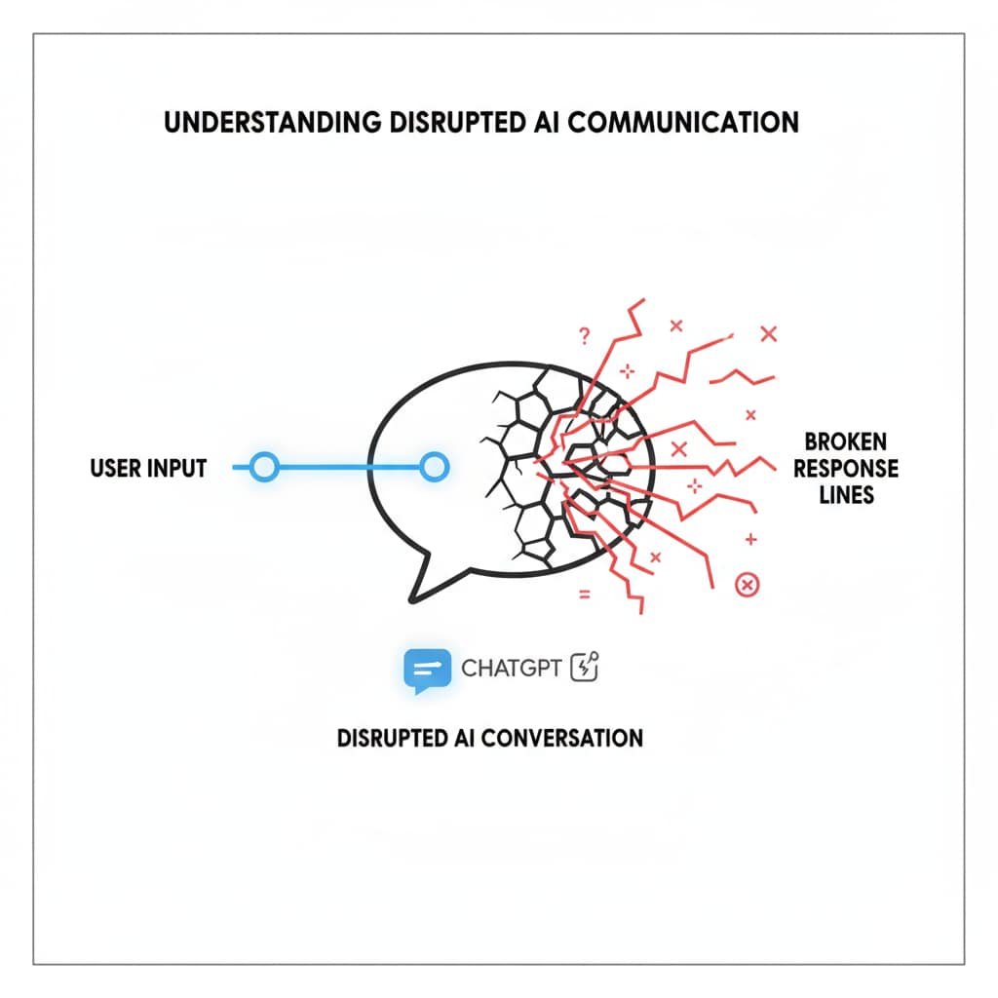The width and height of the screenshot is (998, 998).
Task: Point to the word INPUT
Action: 178,469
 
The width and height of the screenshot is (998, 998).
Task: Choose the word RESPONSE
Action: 846,470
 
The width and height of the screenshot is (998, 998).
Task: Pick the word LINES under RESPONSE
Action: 846,495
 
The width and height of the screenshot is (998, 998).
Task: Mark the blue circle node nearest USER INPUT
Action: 263,469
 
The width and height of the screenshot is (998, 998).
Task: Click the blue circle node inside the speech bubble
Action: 434,469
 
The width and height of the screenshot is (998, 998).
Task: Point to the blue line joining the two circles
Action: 348,469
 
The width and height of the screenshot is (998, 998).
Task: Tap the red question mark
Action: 584,336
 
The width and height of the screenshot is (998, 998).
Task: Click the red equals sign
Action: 584,594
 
